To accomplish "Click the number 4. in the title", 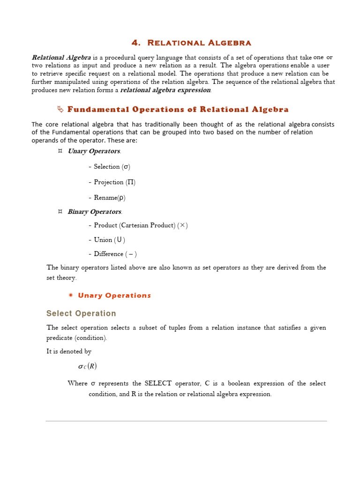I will pos(136,43).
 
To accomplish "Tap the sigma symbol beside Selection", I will pos(126,167).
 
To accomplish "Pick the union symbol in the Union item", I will pos(120,240).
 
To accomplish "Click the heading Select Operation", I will pos(81,314).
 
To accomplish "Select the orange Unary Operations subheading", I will pos(114,295).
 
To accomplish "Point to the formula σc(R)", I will pos(87,367).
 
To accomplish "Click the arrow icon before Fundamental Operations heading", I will pos(60,110).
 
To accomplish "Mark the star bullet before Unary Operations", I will pos(70,295).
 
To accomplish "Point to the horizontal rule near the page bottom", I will pos(186,421).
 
